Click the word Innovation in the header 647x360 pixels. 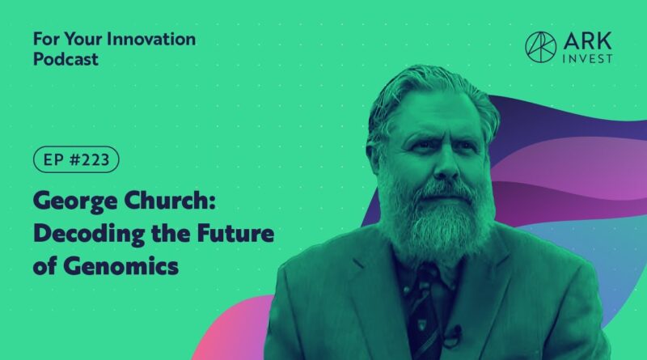click(151, 39)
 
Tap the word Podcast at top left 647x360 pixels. click(66, 59)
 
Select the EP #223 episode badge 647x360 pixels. click(76, 159)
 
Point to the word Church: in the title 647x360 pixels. click(170, 201)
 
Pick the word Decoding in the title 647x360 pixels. click(89, 234)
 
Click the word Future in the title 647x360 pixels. click(235, 233)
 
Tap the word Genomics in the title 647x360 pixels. click(121, 266)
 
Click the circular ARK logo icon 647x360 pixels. click(540, 47)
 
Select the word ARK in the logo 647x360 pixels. click(588, 41)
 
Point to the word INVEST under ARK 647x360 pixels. click(588, 59)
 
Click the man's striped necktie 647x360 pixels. click(423, 314)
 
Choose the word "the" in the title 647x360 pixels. click(171, 233)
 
